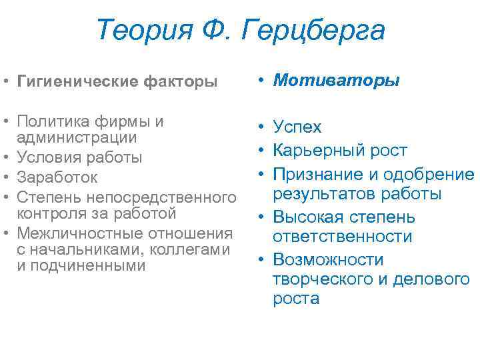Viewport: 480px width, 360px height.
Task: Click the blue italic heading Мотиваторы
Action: pyautogui.click(x=337, y=81)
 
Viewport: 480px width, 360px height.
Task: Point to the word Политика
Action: pyautogui.click(x=51, y=122)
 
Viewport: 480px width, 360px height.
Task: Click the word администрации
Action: pyautogui.click(x=77, y=137)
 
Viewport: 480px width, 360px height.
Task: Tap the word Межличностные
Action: pyautogui.click(x=74, y=233)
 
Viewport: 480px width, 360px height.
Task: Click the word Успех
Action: pyautogui.click(x=297, y=127)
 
